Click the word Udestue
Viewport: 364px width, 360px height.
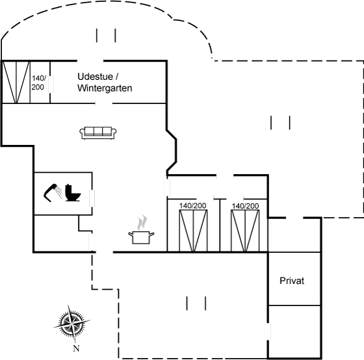point(95,77)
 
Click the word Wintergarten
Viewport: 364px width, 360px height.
point(105,88)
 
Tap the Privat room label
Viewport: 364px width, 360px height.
point(292,281)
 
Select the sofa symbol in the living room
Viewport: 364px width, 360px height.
point(98,133)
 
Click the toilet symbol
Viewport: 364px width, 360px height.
point(73,192)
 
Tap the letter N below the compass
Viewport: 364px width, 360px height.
point(77,348)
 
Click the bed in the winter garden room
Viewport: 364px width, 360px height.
point(16,82)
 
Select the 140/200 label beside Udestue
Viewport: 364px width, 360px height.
point(38,83)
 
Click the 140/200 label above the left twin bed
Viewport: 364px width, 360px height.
point(192,205)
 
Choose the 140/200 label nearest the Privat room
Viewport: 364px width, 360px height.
point(245,205)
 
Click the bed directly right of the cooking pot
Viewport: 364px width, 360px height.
point(194,231)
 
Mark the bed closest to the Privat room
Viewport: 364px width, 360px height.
point(245,231)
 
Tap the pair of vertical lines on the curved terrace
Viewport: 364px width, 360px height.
point(106,35)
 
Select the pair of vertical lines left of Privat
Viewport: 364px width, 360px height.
point(196,303)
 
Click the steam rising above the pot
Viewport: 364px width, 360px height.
point(142,222)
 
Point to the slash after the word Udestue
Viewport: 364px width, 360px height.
point(117,77)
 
